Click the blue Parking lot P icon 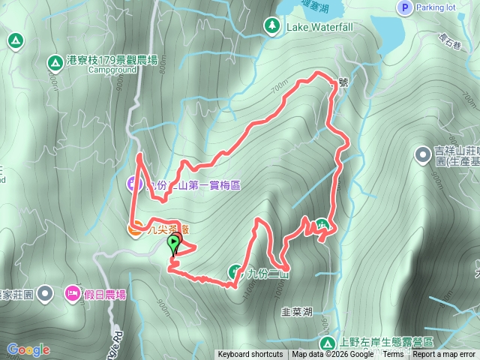pos(404,7)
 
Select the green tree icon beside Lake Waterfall pos(270,27)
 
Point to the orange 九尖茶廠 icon pos(136,228)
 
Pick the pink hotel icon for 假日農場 pos(73,292)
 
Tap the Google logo pos(28,349)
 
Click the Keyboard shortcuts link pos(250,355)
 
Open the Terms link pos(393,355)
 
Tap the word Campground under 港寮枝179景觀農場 pos(112,70)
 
